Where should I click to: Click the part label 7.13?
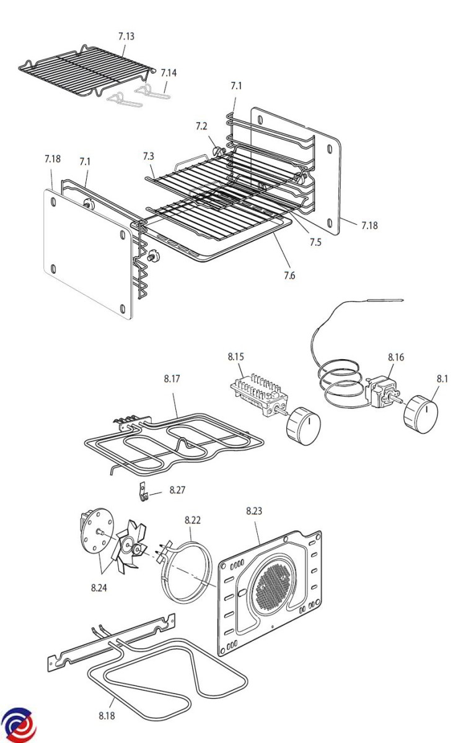tap(126, 36)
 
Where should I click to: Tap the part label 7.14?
tap(169, 73)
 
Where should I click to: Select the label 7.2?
tap(201, 126)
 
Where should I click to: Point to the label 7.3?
tap(148, 156)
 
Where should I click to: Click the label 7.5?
tap(315, 243)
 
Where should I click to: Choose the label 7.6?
tap(289, 276)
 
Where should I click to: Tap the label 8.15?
tap(235, 357)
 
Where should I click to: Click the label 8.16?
tap(396, 357)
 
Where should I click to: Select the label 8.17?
tap(172, 379)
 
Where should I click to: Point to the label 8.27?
tap(177, 490)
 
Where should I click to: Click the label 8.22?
tap(193, 520)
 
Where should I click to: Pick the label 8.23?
tap(254, 511)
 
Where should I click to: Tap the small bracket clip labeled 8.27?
tap(143, 493)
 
